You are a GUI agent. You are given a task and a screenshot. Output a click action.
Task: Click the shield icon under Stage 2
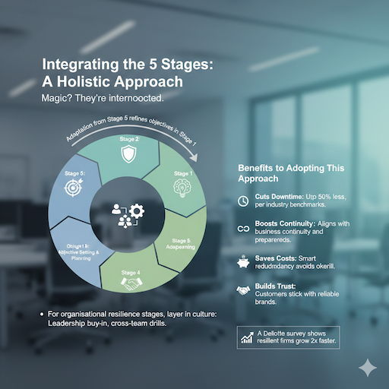[x=128, y=155]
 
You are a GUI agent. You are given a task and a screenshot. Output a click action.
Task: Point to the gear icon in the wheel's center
[x=137, y=211]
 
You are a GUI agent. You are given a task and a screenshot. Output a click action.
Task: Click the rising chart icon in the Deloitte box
[x=246, y=337]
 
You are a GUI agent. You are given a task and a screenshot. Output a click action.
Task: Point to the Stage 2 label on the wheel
[x=128, y=140]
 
